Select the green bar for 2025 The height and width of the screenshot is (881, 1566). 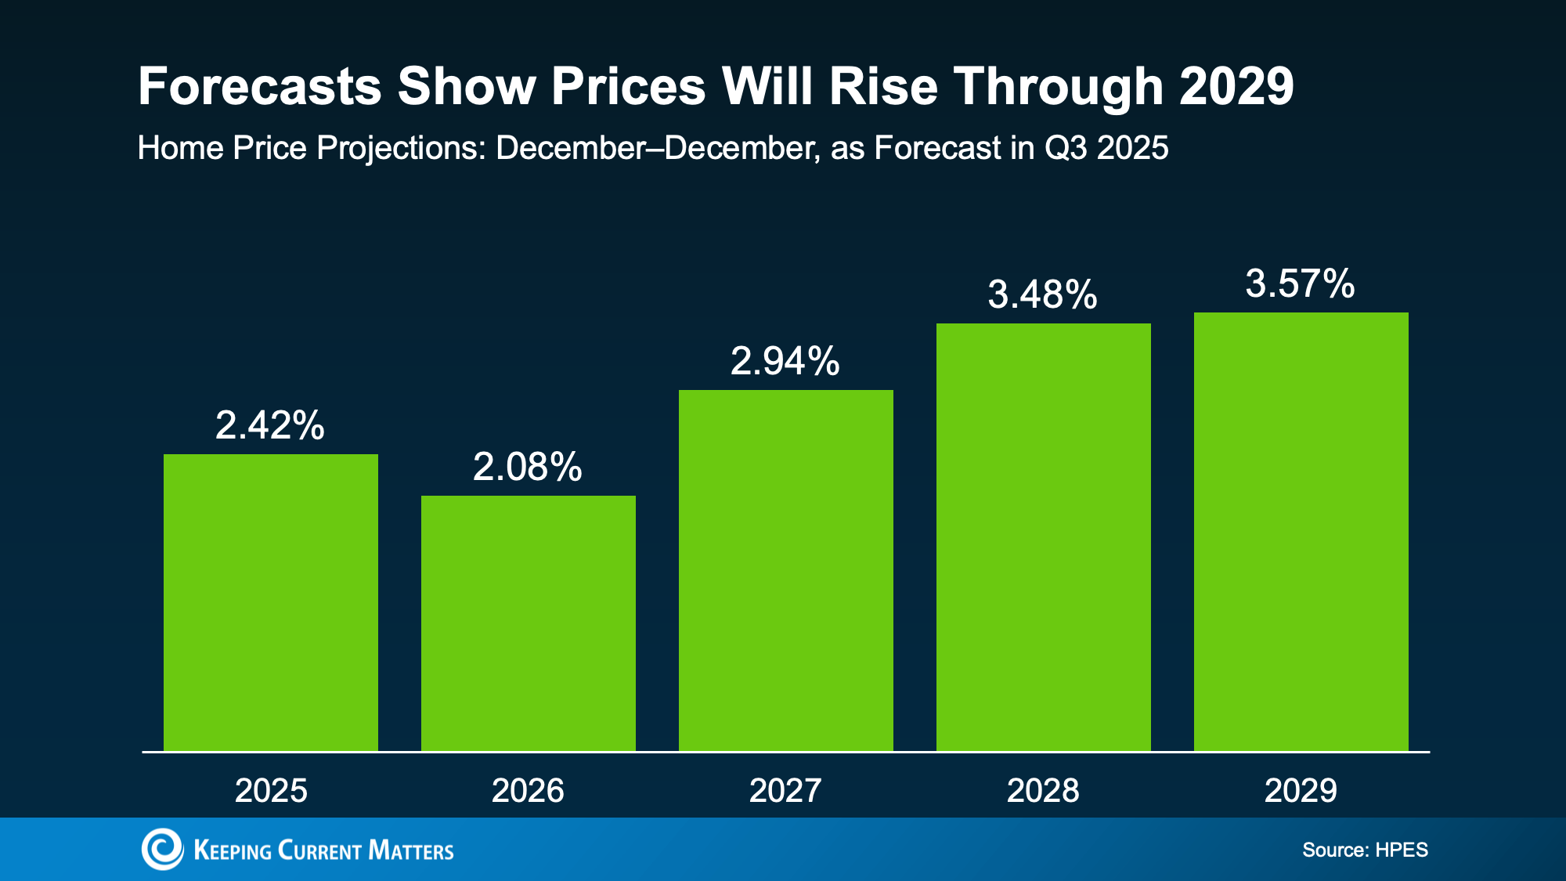pos(270,603)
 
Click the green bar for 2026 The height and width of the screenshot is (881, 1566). pos(528,623)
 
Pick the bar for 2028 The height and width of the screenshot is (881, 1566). pos(1043,537)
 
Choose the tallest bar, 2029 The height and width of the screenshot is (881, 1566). pos(1301,532)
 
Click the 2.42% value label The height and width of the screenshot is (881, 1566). pos(270,425)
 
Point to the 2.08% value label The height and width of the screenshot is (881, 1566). pos(528,467)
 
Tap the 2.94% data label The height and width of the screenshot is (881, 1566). pos(785,361)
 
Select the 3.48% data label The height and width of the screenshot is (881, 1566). pos(1043,294)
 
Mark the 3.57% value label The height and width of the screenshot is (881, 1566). pos(1301,283)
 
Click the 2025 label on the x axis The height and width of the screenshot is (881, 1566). pos(271,790)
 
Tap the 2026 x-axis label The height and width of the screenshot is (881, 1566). pos(528,790)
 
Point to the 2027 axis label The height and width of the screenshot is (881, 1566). pos(785,790)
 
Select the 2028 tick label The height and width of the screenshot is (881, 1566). pos(1043,790)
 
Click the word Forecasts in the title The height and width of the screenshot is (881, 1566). pos(259,86)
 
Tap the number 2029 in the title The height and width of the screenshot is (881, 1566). pos(1236,86)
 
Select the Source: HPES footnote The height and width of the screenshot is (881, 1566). pos(1365,850)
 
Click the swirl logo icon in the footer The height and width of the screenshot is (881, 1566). pos(162,849)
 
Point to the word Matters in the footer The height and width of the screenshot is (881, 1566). pos(410,850)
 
